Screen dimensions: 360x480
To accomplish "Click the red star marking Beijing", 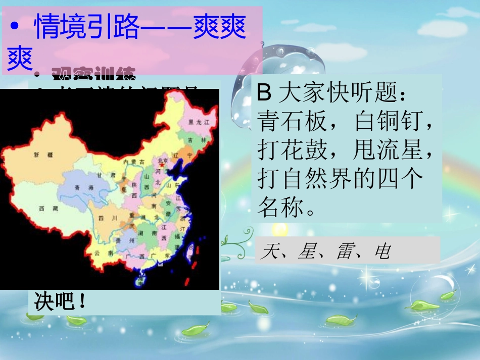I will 162,165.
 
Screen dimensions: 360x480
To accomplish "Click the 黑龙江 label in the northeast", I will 195,122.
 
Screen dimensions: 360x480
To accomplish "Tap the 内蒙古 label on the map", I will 133,162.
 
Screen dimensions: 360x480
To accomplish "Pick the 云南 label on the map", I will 98,253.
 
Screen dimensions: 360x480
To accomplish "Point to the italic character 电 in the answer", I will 382,251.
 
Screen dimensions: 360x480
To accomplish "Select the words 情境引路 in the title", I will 86,28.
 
